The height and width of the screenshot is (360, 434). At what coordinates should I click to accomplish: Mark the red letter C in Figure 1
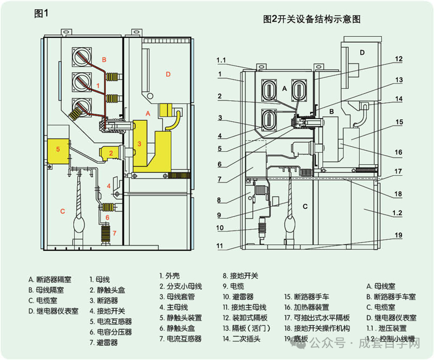coord(62,211)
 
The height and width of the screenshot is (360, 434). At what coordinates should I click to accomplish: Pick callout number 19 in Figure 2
coord(398,235)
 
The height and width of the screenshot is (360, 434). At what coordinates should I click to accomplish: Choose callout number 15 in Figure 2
coord(398,123)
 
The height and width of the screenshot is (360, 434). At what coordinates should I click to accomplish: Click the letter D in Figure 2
coord(362,53)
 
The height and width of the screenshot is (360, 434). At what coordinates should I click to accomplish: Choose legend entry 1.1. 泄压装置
coord(390,329)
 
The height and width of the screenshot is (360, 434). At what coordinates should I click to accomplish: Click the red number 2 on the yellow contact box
coord(111,153)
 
